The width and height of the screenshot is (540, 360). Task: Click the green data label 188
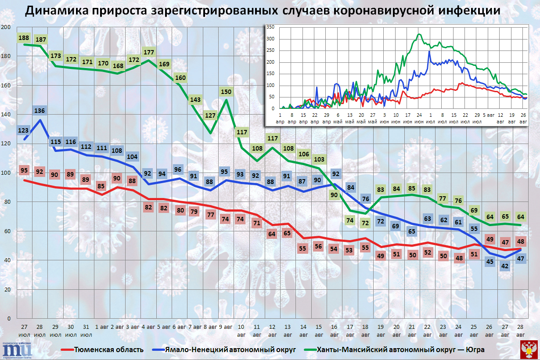pos(24,38)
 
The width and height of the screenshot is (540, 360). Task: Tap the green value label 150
pos(226,92)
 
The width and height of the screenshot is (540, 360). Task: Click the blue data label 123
pos(24,130)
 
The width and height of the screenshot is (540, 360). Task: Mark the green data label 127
pos(210,116)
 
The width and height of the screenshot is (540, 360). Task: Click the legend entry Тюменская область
pos(108,349)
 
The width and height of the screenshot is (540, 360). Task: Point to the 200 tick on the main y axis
pos(6,27)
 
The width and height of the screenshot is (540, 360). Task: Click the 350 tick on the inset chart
pos(270,27)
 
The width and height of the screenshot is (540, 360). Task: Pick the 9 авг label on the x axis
pos(226,327)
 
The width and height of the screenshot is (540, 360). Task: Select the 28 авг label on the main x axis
pos(520,331)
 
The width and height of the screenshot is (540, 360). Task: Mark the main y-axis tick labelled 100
pos(6,173)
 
